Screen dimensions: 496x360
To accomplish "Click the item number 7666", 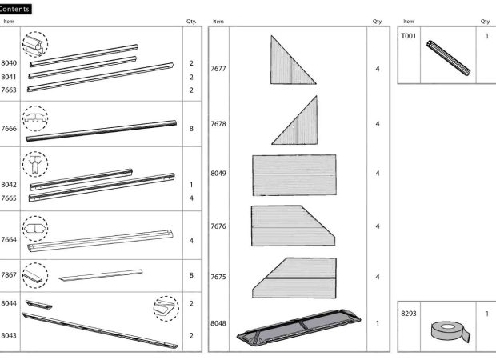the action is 9,129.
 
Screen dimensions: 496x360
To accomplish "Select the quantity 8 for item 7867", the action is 191,275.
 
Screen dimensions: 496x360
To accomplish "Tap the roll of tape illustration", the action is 450,332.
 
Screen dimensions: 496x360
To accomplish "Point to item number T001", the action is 408,36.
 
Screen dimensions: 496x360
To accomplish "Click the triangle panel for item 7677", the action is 293,60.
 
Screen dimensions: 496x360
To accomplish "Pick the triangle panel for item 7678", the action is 295,120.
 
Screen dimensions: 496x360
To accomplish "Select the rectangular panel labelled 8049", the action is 294,175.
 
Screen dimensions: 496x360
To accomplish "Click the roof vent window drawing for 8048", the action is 298,327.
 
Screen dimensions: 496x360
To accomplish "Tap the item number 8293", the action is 408,314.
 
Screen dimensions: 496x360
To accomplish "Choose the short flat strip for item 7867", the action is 101,275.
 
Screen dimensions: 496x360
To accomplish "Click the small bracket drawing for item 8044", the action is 38,305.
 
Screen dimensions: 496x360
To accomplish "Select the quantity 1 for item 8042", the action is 191,185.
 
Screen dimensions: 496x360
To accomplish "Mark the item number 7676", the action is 218,226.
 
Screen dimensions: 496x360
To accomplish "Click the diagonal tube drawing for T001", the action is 448,58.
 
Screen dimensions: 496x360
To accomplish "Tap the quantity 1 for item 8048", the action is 378,323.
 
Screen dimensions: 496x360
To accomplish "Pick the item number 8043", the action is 9,335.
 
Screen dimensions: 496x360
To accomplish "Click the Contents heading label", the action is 14,9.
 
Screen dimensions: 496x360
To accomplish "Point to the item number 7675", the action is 218,277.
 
